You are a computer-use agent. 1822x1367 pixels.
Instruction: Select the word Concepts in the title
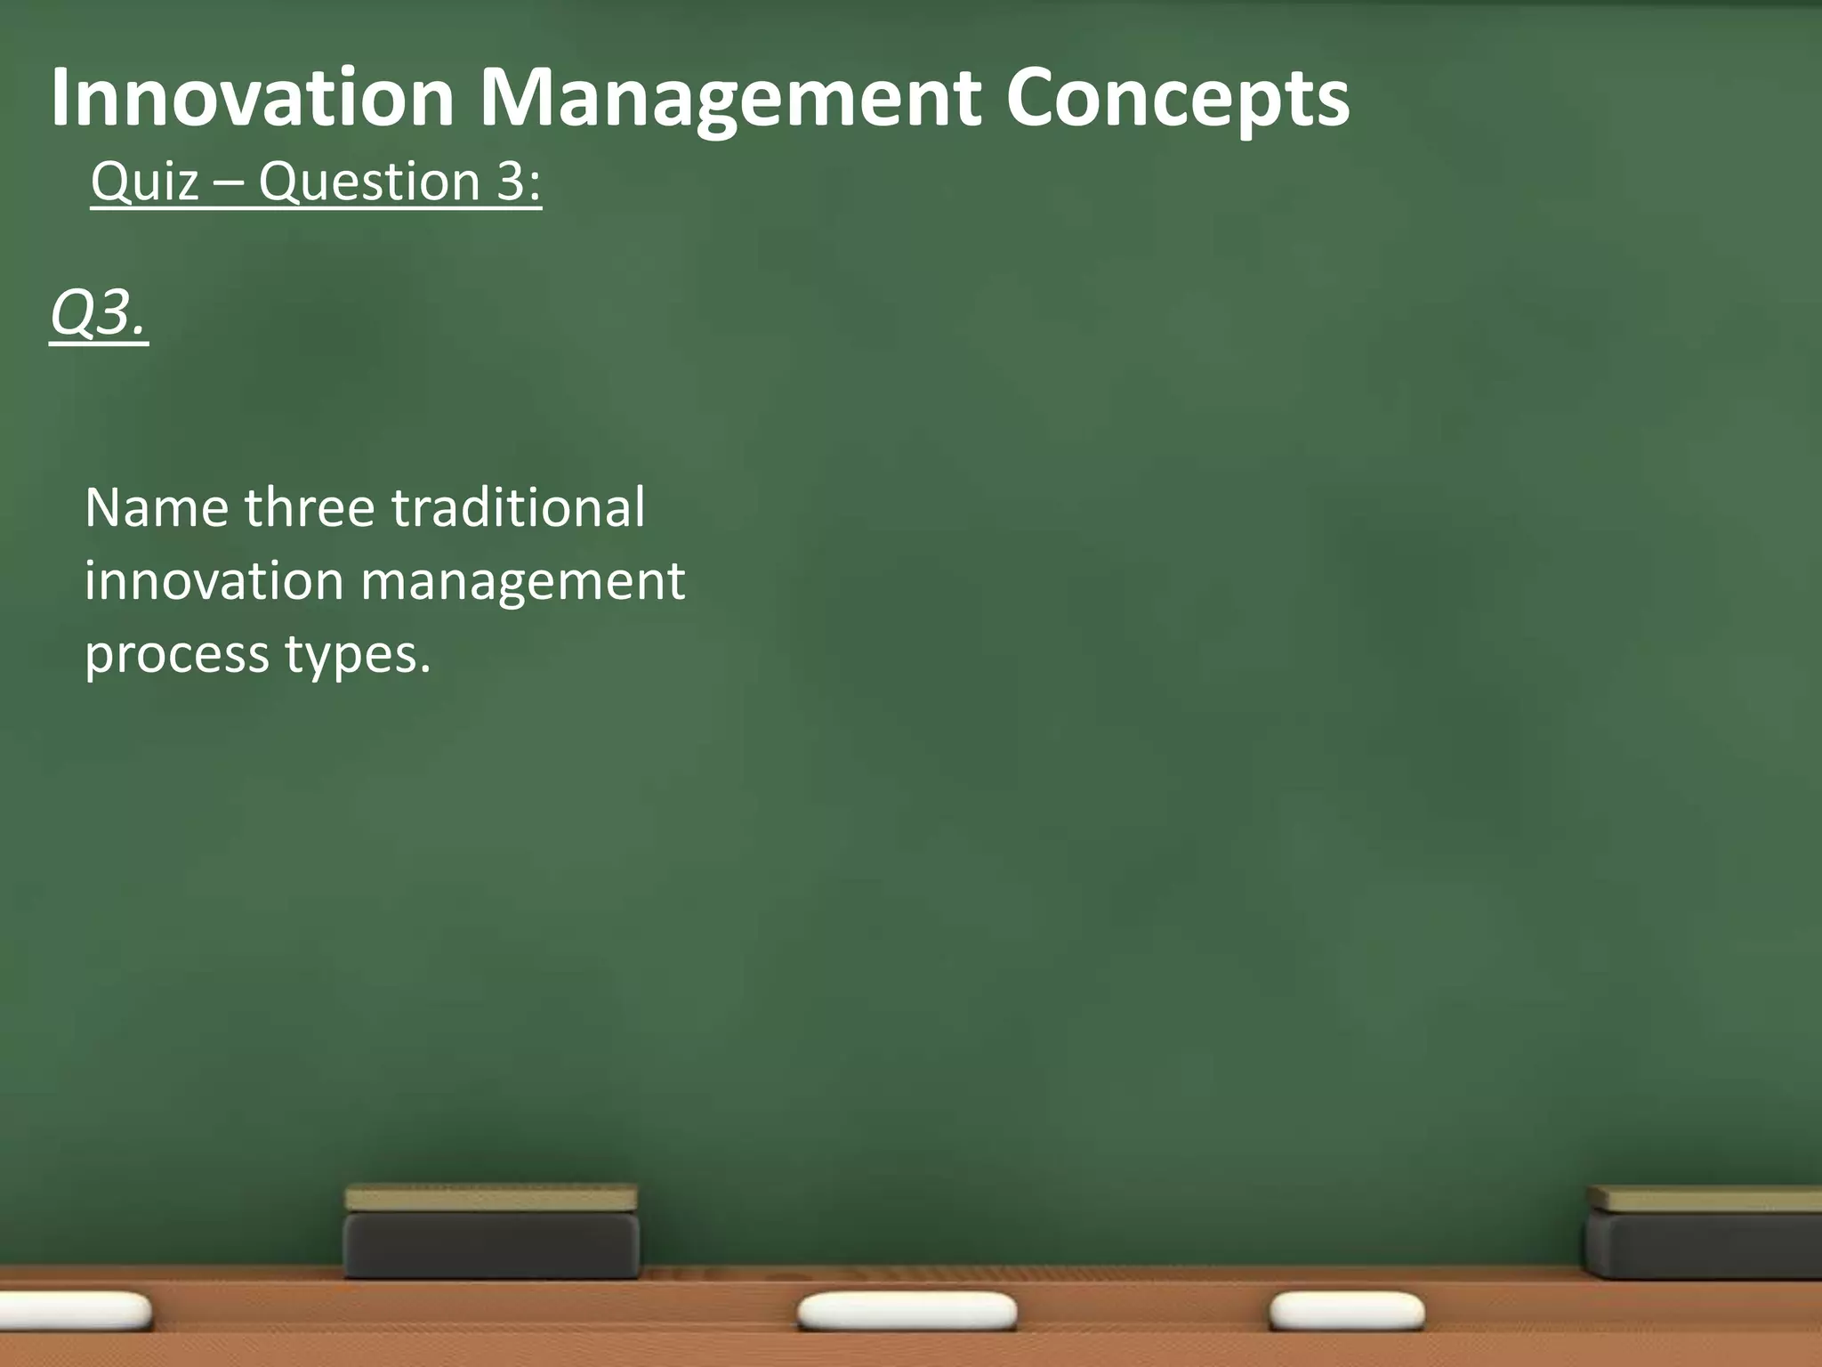[x=1177, y=100]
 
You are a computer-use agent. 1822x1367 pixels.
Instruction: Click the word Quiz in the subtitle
[x=144, y=182]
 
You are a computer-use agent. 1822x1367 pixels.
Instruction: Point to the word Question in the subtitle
[x=369, y=182]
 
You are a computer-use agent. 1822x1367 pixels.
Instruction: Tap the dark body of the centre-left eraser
[x=491, y=1245]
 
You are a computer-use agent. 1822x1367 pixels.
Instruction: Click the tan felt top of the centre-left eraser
[x=491, y=1198]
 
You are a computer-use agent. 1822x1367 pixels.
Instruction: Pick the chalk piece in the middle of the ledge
[x=907, y=1312]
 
